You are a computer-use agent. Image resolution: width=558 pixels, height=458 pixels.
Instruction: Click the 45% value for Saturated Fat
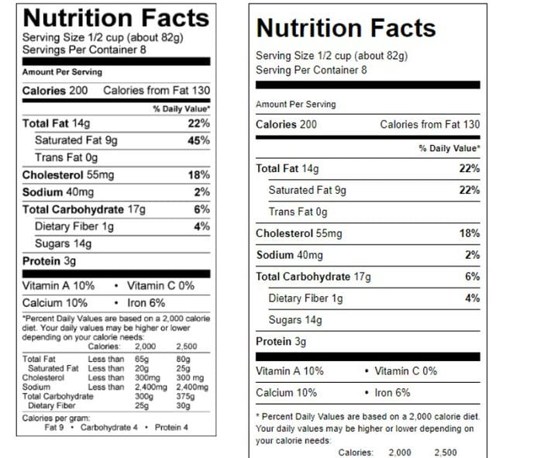(198, 140)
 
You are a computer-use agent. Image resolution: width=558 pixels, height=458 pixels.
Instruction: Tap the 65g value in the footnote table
(142, 359)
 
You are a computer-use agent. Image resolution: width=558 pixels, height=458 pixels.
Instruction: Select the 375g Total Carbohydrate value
(185, 397)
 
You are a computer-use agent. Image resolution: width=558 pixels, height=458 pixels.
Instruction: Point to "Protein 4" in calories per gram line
(171, 428)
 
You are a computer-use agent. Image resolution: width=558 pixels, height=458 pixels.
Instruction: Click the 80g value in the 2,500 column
(183, 359)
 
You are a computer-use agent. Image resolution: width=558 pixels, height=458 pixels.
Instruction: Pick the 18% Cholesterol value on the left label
(199, 175)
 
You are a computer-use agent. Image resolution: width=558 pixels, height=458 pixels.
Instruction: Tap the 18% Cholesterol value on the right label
(470, 233)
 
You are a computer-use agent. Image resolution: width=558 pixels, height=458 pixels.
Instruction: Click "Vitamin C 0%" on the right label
(405, 371)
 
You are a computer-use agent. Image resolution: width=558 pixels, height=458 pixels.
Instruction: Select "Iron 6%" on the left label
(146, 303)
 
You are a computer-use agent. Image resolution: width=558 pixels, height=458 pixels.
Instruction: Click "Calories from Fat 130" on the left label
(157, 91)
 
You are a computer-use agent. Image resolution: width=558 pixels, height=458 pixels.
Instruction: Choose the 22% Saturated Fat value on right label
(470, 190)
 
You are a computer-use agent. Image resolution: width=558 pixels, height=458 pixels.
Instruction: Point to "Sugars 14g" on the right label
(295, 320)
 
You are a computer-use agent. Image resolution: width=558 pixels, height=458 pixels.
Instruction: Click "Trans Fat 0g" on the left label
(66, 157)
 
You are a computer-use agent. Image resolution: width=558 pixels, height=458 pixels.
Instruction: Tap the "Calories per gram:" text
(56, 418)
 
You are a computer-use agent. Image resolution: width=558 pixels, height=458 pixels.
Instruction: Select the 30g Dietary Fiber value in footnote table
(183, 405)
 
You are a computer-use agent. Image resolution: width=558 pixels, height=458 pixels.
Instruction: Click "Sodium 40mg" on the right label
(290, 255)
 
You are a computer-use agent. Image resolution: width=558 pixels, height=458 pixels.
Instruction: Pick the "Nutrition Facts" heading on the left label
(116, 18)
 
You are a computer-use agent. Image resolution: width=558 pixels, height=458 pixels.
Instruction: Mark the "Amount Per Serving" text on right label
(296, 105)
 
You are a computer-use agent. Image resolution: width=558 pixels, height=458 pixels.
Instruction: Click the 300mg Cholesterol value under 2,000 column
(147, 378)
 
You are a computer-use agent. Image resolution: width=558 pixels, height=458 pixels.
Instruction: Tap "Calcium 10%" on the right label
(287, 393)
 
